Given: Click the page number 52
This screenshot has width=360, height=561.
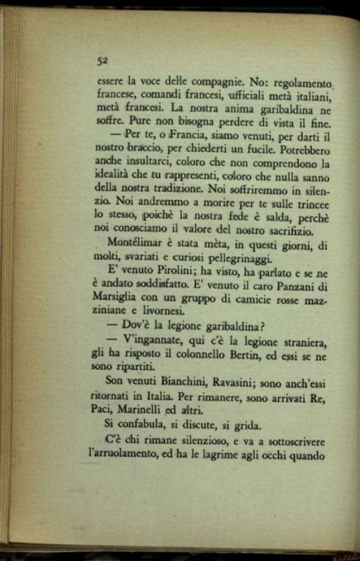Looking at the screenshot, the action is (x=102, y=60).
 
